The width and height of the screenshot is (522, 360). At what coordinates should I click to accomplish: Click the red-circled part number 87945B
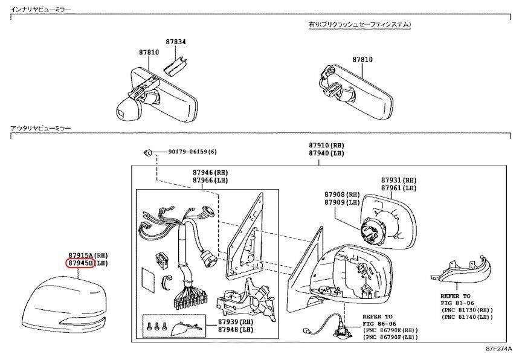pos(79,263)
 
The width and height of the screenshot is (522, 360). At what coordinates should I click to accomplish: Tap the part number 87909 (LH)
pos(342,202)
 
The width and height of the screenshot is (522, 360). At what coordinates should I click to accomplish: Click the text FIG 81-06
pos(457,303)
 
